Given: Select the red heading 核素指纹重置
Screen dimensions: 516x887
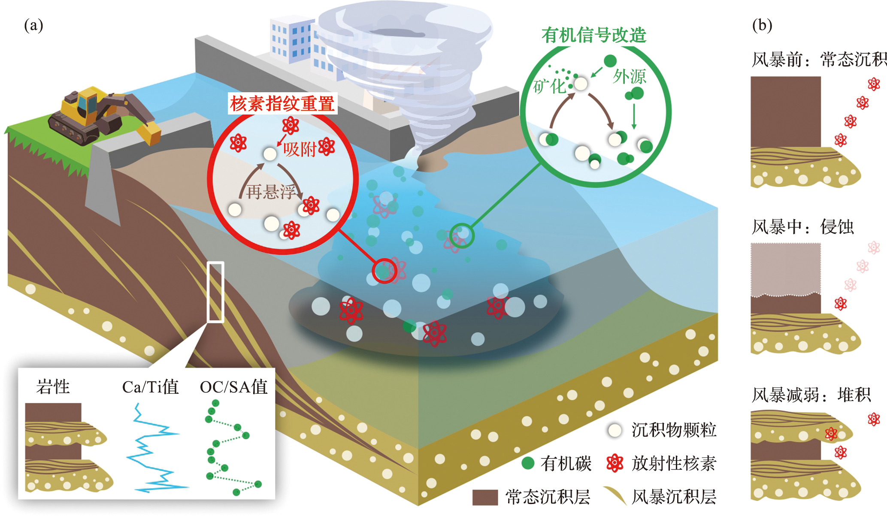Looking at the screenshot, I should tap(282, 104).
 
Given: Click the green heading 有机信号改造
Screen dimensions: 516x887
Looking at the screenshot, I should tap(593, 35).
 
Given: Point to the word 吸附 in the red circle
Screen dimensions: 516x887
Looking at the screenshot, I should tap(299, 149).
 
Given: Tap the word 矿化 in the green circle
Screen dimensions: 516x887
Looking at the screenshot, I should tap(549, 86).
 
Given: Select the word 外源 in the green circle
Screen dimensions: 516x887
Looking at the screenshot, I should tap(629, 76).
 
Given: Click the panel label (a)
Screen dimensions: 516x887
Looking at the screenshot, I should tap(33, 25).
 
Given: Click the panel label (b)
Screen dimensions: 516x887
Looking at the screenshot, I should tap(762, 25).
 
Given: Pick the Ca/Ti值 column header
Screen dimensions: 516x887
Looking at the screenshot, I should tap(150, 387).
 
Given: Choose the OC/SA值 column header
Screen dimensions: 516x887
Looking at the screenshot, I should tap(233, 387).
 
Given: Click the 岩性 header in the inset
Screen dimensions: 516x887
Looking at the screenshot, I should tap(53, 387).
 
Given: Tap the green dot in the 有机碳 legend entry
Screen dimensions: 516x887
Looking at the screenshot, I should tap(527, 463).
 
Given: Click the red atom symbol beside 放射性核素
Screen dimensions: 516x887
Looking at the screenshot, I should tap(615, 463).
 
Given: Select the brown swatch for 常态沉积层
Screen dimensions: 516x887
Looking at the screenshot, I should tap(485, 497).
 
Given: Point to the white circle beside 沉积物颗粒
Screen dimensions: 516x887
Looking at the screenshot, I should tap(615, 430).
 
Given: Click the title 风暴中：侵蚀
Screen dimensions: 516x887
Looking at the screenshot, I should tap(802, 227).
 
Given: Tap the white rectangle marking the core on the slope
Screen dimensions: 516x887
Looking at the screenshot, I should tap(215, 292).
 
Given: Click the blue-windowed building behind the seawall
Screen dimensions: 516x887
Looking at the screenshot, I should tap(296, 41).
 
